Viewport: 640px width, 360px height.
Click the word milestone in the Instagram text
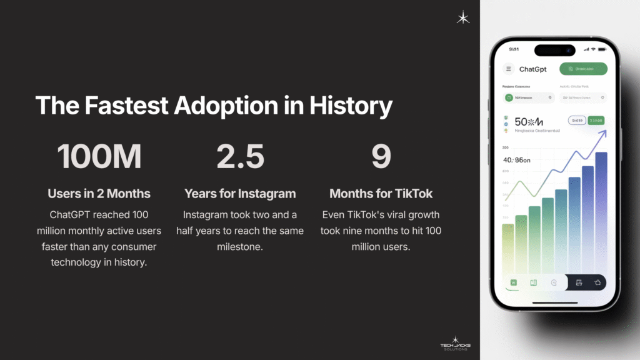pos(243,246)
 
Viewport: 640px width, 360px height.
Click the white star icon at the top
pos(463,17)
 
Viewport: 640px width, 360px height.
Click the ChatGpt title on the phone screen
pos(533,69)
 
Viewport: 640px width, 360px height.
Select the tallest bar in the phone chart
pos(601,212)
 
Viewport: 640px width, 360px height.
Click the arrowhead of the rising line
pos(603,132)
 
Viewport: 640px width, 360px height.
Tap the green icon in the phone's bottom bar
pos(513,282)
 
